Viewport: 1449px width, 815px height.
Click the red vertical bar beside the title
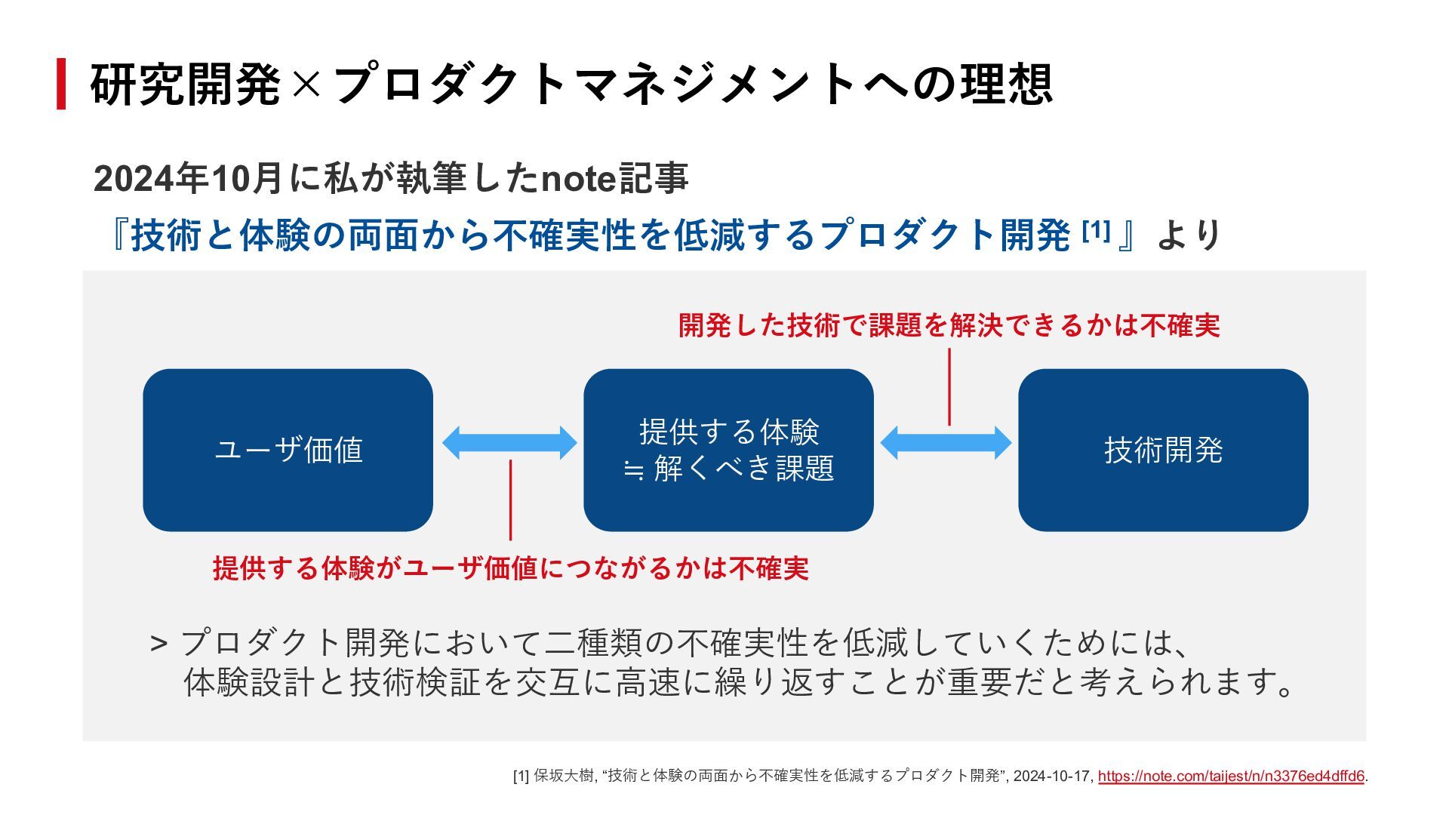[61, 84]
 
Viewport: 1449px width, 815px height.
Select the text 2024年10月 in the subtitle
[187, 179]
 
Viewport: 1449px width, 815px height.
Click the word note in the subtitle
[579, 179]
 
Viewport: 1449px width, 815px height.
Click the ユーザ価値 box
[288, 450]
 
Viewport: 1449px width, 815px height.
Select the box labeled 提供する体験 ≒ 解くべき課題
[728, 450]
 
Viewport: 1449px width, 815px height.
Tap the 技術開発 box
[1162, 450]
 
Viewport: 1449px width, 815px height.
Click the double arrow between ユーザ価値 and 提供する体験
[509, 443]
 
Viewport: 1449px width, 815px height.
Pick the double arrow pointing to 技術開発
[946, 443]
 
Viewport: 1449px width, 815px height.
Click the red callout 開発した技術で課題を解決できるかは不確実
[949, 326]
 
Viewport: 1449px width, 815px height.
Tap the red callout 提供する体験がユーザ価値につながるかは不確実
[510, 568]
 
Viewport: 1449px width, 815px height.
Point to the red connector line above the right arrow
[949, 386]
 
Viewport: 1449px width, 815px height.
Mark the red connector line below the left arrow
[510, 500]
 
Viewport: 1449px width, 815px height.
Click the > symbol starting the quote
[158, 644]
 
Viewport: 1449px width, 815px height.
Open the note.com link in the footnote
[1230, 776]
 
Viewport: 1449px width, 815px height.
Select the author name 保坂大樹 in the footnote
[563, 776]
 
